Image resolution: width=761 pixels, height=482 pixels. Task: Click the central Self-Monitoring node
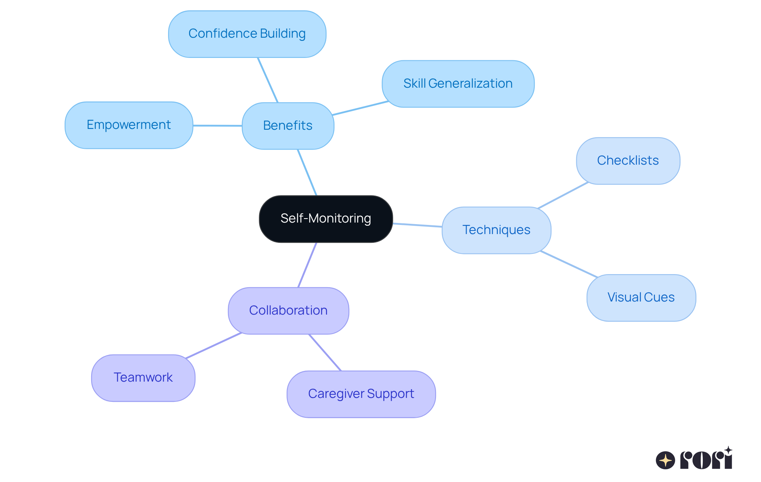pos(326,219)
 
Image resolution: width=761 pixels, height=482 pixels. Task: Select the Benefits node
pos(288,126)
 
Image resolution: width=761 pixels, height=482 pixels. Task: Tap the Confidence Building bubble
pos(247,34)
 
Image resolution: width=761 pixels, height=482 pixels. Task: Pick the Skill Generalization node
pos(458,84)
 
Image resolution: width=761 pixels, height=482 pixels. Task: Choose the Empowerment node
pos(129,125)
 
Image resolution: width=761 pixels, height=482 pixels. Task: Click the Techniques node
pos(496,230)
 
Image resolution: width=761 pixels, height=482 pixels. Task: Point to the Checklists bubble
pos(628,161)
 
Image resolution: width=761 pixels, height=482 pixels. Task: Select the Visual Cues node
pos(641,298)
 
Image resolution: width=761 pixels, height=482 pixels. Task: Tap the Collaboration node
pos(288,311)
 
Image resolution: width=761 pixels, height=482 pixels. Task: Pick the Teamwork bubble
pos(143,378)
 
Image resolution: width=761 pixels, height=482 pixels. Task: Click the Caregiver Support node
pos(361,394)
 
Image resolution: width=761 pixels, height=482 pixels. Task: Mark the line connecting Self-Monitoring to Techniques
pos(417,225)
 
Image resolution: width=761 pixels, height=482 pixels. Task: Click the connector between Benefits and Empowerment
pos(217,126)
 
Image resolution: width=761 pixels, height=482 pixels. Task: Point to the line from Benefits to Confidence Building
pos(268,80)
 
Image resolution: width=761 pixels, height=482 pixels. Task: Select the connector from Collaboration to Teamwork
pos(213,346)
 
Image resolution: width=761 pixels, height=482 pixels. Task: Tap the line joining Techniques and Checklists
pos(563,195)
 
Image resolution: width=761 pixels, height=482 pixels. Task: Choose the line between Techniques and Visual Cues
pos(569,264)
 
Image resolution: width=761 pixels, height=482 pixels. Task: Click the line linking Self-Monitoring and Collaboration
pos(307,265)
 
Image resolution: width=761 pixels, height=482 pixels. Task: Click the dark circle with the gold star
pos(665,460)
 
